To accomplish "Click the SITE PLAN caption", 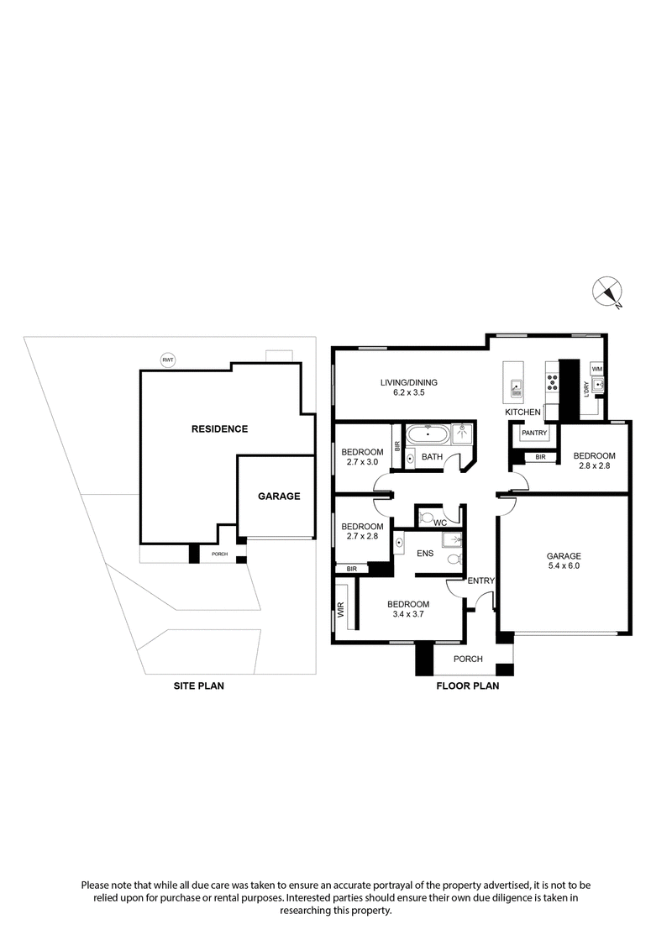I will pyautogui.click(x=198, y=686).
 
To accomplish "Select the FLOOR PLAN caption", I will pyautogui.click(x=468, y=686).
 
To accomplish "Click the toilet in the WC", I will pyautogui.click(x=426, y=517).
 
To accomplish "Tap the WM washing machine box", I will pyautogui.click(x=597, y=369).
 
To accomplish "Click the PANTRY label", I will pyautogui.click(x=534, y=433).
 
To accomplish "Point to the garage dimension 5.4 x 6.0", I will pyautogui.click(x=564, y=566).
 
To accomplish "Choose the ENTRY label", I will pyautogui.click(x=480, y=581).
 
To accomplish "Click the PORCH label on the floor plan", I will pyautogui.click(x=468, y=659).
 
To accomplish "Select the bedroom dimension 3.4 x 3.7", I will pyautogui.click(x=408, y=615).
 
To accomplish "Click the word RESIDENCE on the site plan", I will pyautogui.click(x=219, y=428).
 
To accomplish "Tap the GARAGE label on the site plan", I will pyautogui.click(x=279, y=496).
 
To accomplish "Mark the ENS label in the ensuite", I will pyautogui.click(x=424, y=554).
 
